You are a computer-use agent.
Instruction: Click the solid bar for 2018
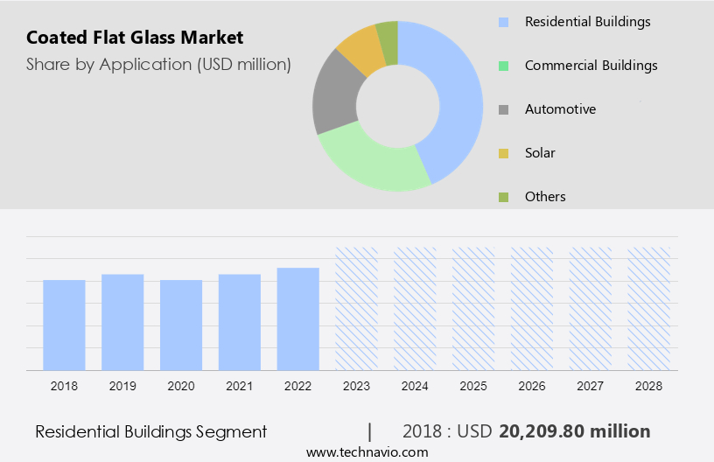point(64,325)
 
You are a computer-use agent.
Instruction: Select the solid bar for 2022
point(297,318)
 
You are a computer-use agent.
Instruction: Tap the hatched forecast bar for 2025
point(473,308)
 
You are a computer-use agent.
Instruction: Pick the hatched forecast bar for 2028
point(648,308)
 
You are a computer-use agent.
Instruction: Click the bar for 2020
point(181,325)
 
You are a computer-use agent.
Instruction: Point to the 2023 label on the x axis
point(356,385)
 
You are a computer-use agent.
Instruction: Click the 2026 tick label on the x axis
point(532,385)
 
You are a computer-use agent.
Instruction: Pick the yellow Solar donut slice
point(362,50)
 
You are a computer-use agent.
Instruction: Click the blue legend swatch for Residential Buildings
point(503,22)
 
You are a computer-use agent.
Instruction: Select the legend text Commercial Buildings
point(591,66)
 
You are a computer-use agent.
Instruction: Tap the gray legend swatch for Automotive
point(503,109)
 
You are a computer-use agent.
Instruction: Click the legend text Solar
point(540,153)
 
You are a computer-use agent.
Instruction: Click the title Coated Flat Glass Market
point(135,38)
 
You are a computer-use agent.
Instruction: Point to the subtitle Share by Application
point(158,64)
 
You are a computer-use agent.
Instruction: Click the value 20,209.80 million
point(574,431)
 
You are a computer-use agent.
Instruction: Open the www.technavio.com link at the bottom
point(367,451)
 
